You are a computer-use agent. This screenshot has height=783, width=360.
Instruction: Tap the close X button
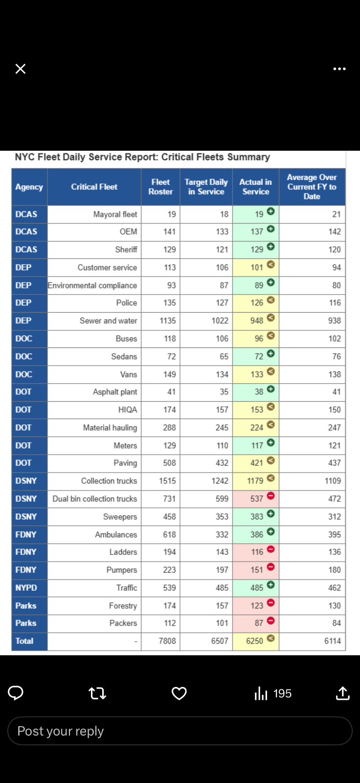[x=21, y=69]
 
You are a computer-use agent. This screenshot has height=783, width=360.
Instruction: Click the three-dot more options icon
[x=339, y=69]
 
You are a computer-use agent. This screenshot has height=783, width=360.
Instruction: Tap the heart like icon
[x=179, y=693]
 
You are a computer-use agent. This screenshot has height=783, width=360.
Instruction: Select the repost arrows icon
[x=97, y=693]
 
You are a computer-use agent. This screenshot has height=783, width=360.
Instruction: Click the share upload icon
[x=343, y=693]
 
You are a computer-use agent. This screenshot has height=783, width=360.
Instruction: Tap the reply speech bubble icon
[x=16, y=693]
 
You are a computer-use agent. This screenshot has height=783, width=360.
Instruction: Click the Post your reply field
[x=180, y=731]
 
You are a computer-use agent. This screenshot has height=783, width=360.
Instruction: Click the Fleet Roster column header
[x=160, y=187]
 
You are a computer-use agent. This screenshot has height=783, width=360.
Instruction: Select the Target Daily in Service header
[x=206, y=187]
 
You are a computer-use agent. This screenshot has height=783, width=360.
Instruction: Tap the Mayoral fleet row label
[x=115, y=214]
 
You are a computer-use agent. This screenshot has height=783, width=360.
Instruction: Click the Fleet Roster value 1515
[x=167, y=481]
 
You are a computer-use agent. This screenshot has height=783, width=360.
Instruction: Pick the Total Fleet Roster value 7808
[x=167, y=641]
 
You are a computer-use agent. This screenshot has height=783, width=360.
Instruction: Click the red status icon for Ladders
[x=270, y=550]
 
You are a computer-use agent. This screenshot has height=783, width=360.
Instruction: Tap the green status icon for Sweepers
[x=270, y=514]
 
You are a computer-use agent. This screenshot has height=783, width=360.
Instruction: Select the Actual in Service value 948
[x=257, y=321]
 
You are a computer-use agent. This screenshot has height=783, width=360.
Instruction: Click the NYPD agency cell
[x=26, y=588]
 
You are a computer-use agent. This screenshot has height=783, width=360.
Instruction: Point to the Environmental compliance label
[x=92, y=285]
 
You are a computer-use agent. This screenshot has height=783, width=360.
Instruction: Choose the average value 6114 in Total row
[x=333, y=641]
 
